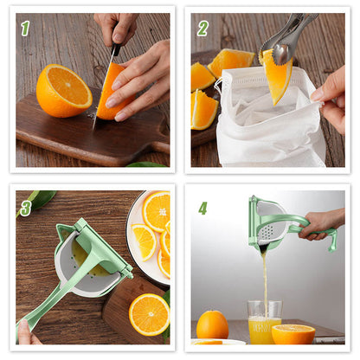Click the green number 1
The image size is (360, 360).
[x=25, y=28]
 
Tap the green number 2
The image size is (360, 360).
[x=202, y=28]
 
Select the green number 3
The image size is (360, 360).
[x=25, y=208]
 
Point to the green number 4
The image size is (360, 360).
[x=202, y=208]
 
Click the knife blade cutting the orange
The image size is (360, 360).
[x=103, y=95]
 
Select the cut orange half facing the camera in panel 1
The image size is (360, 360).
[x=63, y=90]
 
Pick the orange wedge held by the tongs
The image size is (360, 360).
[x=277, y=78]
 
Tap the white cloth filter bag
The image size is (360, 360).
[x=260, y=130]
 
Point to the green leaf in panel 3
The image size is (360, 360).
[x=38, y=200]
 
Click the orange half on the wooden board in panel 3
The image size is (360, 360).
[x=149, y=313]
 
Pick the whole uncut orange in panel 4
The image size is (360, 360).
[x=212, y=325]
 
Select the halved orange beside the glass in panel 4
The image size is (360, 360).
[x=294, y=333]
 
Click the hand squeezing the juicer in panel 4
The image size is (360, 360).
[x=322, y=222]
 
